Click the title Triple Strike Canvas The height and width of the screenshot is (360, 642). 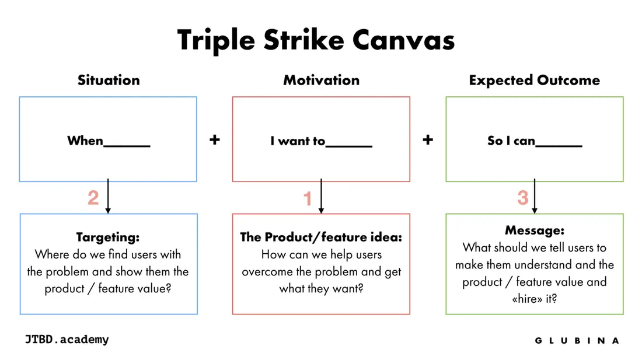(316, 40)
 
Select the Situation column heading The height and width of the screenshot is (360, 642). (109, 80)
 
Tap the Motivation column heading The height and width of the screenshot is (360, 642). (322, 80)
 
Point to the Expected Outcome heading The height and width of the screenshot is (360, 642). (534, 81)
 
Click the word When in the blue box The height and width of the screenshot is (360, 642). (85, 141)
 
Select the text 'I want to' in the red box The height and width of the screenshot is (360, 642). (298, 141)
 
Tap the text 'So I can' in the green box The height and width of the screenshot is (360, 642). (511, 141)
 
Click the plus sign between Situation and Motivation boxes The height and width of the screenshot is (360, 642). (215, 140)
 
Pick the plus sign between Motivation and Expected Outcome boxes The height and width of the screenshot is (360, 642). (428, 140)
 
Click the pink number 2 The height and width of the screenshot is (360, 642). (93, 198)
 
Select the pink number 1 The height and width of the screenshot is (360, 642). (308, 199)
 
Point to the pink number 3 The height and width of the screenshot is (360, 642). (523, 198)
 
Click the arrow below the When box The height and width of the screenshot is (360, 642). (108, 196)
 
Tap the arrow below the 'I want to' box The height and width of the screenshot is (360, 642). (321, 196)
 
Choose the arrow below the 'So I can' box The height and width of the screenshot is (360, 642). (534, 196)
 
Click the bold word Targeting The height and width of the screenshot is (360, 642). (108, 237)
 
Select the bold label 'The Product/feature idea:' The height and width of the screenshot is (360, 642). (321, 237)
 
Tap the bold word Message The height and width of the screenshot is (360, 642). (534, 230)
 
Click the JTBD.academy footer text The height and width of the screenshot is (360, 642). (67, 340)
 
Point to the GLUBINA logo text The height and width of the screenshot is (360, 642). (577, 341)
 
